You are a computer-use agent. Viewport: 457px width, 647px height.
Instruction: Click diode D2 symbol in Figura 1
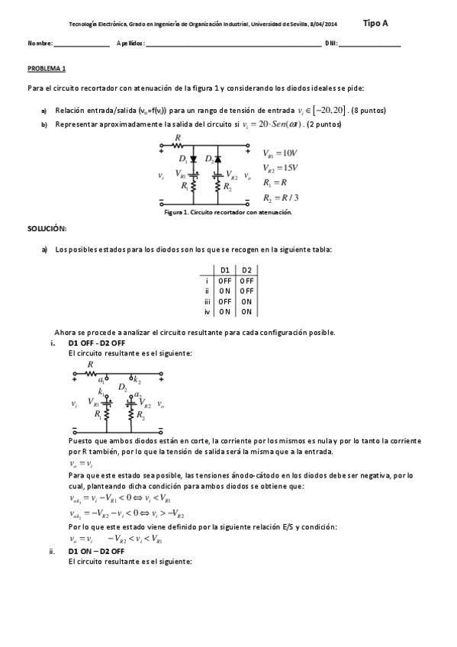click(217, 159)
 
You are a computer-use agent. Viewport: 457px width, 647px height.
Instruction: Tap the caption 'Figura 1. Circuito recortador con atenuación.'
click(228, 213)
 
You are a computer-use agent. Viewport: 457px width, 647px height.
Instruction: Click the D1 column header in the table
click(225, 270)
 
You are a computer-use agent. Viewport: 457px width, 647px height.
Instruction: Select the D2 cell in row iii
click(246, 301)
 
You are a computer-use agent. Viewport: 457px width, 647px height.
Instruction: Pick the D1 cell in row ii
click(225, 291)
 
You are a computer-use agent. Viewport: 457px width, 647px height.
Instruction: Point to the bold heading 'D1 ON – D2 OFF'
click(97, 551)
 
